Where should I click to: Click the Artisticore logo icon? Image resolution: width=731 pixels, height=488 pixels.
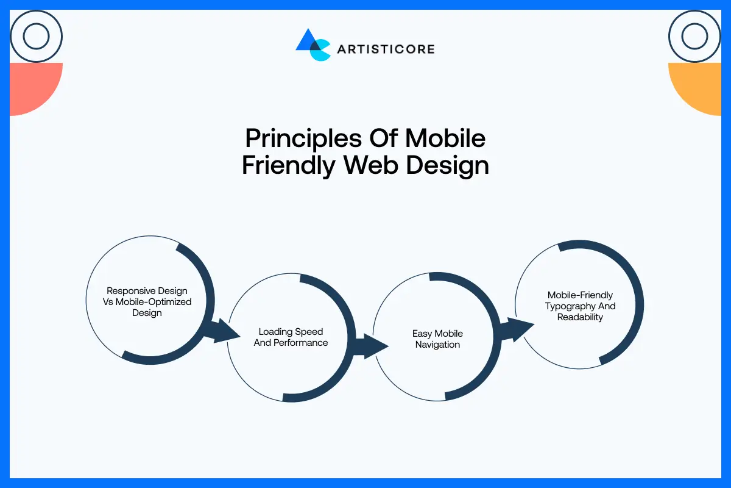(x=313, y=44)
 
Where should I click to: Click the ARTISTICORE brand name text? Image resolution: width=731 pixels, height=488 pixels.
(x=386, y=49)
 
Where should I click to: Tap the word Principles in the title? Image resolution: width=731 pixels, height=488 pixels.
(x=303, y=138)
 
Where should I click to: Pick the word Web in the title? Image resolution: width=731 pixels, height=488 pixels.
(x=367, y=166)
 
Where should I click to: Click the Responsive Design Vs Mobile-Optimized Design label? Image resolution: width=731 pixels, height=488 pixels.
(x=147, y=302)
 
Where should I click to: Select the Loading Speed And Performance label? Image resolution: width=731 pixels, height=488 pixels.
(x=291, y=337)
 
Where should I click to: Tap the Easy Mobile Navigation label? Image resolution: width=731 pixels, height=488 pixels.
(x=437, y=339)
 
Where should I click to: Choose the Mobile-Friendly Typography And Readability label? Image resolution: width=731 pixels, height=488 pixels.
(x=580, y=306)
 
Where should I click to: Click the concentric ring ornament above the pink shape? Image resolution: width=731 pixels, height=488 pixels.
(x=36, y=37)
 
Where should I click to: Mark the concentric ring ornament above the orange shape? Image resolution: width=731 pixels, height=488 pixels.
(x=694, y=37)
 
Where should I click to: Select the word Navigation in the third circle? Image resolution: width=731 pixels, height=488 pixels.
(x=437, y=345)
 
